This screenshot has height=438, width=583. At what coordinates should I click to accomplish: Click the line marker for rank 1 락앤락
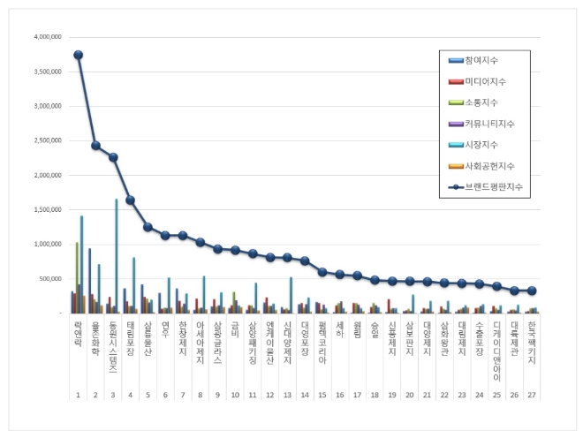(x=78, y=55)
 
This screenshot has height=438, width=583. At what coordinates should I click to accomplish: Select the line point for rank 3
(x=113, y=157)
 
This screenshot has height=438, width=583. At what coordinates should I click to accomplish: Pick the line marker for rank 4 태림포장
(x=131, y=200)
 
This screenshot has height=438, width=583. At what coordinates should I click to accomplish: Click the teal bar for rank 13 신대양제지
(x=291, y=295)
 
